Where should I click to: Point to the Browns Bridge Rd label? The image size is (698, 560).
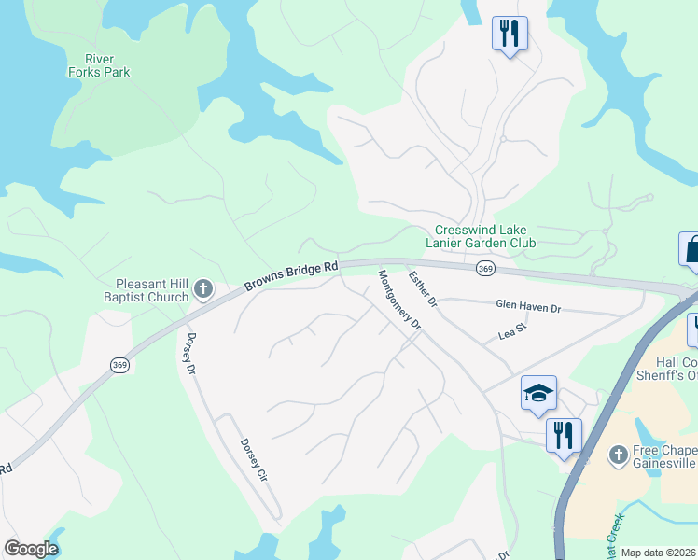291,276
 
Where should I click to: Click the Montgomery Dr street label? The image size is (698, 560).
400,300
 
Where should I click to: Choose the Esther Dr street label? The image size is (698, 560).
423,288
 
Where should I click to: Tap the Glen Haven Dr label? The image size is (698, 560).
528,307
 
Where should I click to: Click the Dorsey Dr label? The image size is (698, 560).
190,355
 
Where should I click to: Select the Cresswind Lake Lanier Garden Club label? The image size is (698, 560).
481,237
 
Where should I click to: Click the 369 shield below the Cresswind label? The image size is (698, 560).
484,269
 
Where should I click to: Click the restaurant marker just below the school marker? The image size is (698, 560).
564,435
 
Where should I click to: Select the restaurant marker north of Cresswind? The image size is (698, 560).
510,34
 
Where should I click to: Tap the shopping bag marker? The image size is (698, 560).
690,249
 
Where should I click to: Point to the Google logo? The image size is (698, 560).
31,549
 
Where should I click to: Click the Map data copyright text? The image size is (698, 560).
659,553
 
